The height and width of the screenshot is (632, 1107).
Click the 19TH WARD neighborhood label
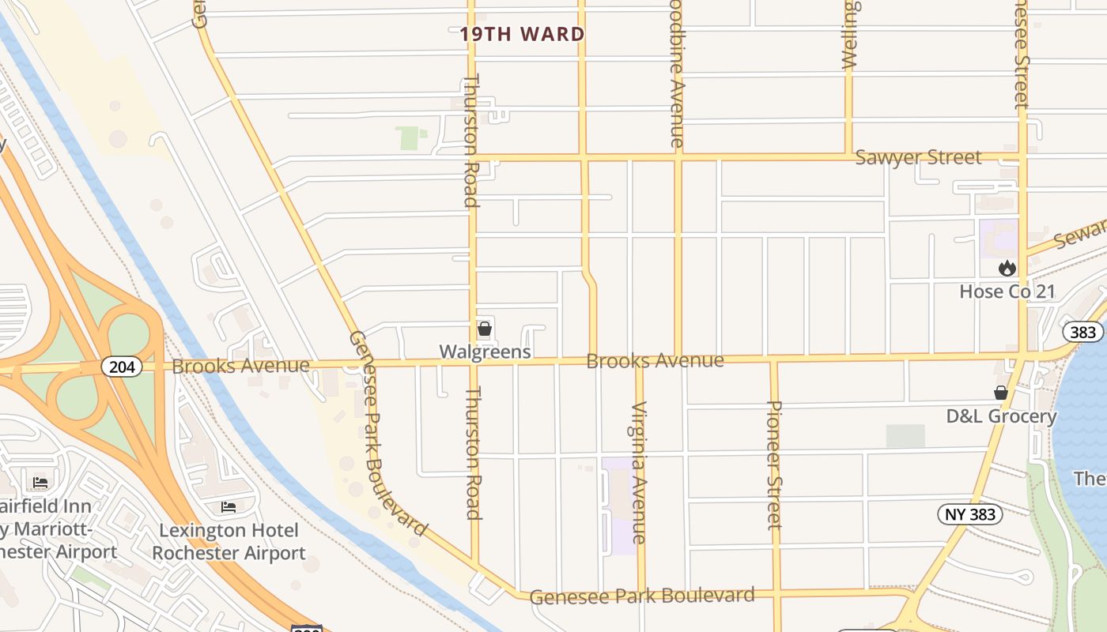[x=523, y=34]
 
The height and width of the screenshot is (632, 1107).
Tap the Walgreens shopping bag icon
[x=485, y=329]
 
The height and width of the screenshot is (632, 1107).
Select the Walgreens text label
[x=485, y=352]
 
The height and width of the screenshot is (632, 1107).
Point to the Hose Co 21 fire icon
[x=1007, y=269]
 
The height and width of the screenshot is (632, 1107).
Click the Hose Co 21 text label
[x=1007, y=292]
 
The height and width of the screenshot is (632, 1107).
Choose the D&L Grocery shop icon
[x=1001, y=393]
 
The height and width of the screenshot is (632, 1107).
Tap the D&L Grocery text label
[x=1001, y=416]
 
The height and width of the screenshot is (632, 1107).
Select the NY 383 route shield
[x=970, y=514]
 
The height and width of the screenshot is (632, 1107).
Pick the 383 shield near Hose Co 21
[x=1082, y=332]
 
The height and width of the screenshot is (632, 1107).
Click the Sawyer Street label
[x=918, y=157]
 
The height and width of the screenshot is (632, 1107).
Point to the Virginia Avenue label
[x=639, y=472]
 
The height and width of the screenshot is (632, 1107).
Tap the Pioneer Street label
[x=775, y=465]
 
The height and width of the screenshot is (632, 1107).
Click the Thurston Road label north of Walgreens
[x=471, y=141]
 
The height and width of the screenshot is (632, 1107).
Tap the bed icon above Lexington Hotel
[x=229, y=506]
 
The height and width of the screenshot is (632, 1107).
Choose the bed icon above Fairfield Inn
[x=40, y=483]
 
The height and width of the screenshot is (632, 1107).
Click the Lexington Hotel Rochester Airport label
[x=229, y=541]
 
